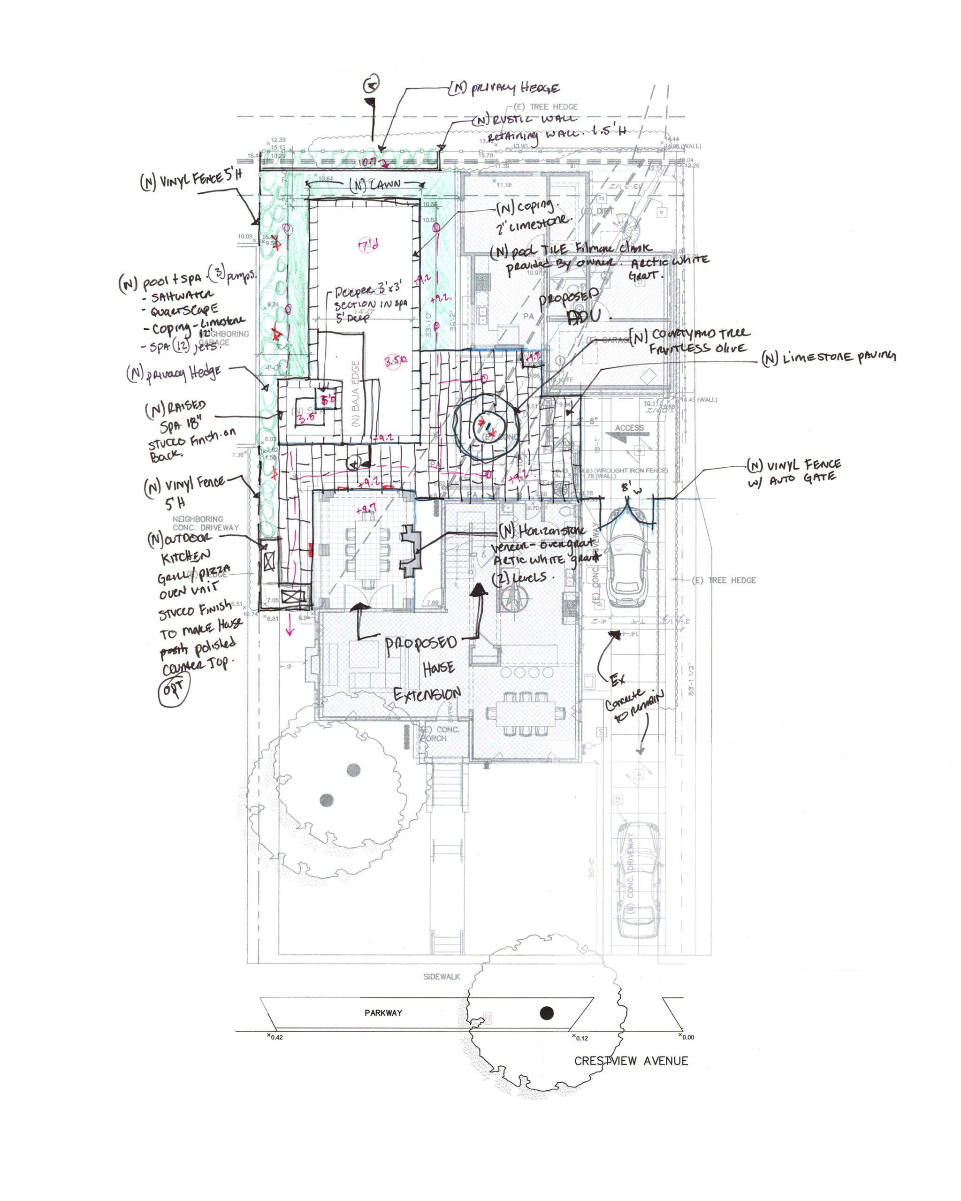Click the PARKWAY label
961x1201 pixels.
[383, 1013]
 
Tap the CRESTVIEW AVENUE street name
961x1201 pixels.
[631, 1061]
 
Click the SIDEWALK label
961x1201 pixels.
[441, 976]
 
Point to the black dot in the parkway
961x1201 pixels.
[547, 1013]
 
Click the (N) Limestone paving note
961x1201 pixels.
[828, 357]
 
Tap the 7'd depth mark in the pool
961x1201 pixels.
[369, 244]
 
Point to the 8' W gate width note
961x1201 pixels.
[628, 488]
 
